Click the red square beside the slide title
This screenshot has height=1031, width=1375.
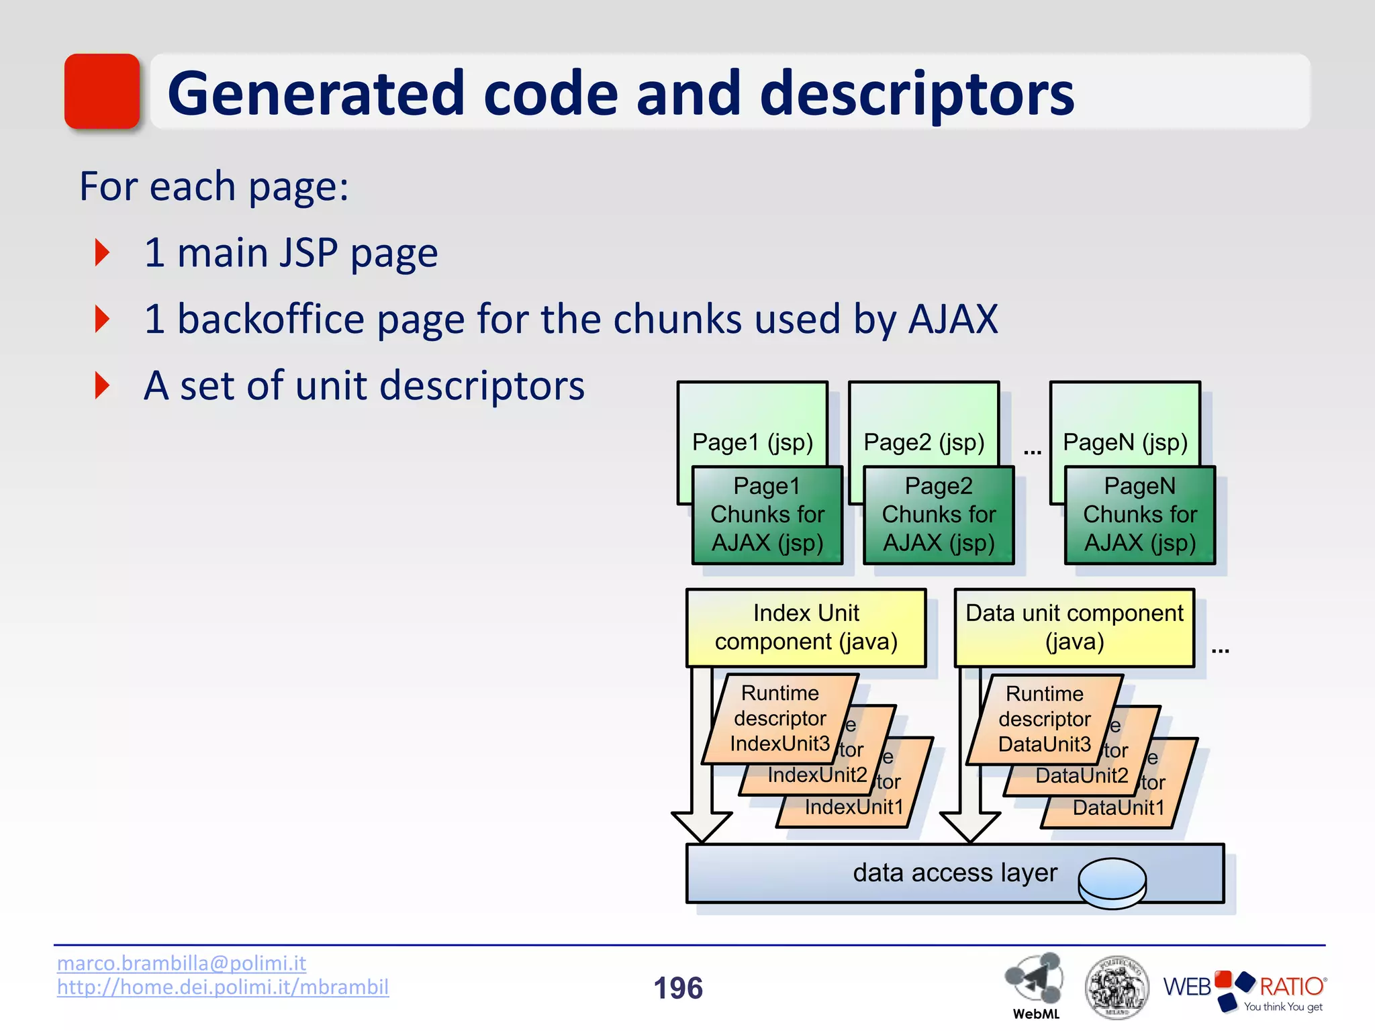[101, 91]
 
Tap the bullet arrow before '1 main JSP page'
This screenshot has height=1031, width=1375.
[103, 252]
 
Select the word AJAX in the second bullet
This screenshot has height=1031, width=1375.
[953, 319]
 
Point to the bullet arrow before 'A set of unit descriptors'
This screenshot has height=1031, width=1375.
[103, 385]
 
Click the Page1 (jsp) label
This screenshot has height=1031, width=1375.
[752, 442]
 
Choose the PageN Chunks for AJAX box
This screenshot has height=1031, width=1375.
[1139, 515]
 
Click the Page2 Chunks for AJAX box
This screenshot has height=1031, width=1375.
[938, 515]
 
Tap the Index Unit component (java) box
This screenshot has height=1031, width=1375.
[806, 628]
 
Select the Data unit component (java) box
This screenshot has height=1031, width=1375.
[1074, 628]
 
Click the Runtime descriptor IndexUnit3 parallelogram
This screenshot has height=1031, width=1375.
[779, 719]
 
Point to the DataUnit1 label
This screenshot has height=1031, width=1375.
[1118, 807]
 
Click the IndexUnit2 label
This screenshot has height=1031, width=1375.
[817, 775]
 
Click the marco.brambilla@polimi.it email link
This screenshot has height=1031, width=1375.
[181, 963]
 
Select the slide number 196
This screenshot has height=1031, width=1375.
[678, 988]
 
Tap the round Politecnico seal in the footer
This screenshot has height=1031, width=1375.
[1117, 987]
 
